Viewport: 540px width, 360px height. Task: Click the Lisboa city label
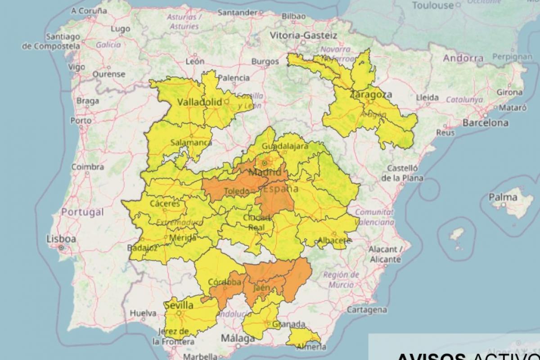click(x=61, y=238)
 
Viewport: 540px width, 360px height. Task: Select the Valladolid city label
click(x=199, y=102)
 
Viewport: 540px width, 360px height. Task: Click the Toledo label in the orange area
click(x=237, y=192)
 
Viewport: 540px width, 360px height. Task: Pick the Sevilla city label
click(x=179, y=306)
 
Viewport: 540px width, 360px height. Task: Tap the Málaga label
click(x=237, y=338)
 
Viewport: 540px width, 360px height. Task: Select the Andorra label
click(x=463, y=58)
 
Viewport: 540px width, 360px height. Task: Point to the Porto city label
click(x=81, y=121)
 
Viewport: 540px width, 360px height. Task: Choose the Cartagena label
click(x=366, y=310)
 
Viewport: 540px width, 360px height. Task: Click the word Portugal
click(x=82, y=212)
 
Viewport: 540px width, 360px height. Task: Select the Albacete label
click(x=333, y=240)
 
